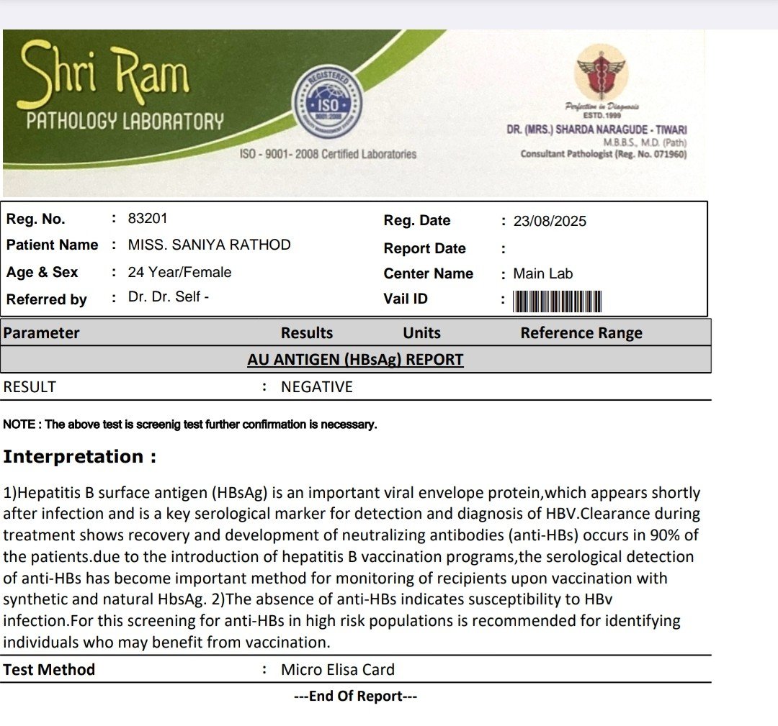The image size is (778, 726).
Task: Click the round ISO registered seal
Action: (327, 104)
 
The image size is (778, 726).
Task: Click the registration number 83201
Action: (147, 219)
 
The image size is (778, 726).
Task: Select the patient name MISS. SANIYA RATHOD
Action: (209, 245)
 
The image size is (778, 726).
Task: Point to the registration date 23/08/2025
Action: (550, 221)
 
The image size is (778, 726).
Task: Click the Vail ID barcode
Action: (557, 301)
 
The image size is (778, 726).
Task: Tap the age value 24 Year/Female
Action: (179, 272)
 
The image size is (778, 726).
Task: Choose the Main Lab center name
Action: (542, 273)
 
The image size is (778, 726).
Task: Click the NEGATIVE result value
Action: (317, 387)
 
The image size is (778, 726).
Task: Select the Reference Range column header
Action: (581, 333)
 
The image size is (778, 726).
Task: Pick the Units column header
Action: (421, 333)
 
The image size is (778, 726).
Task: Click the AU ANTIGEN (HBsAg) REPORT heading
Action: (355, 360)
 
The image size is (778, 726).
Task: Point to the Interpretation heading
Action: (79, 457)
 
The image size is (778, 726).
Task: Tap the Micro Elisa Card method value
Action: (338, 670)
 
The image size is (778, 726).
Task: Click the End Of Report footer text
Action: (355, 696)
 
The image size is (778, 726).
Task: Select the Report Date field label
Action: (424, 248)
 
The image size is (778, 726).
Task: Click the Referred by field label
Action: (46, 299)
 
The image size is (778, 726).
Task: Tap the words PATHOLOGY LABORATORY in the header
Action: (125, 122)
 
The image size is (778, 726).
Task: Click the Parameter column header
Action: (41, 333)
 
